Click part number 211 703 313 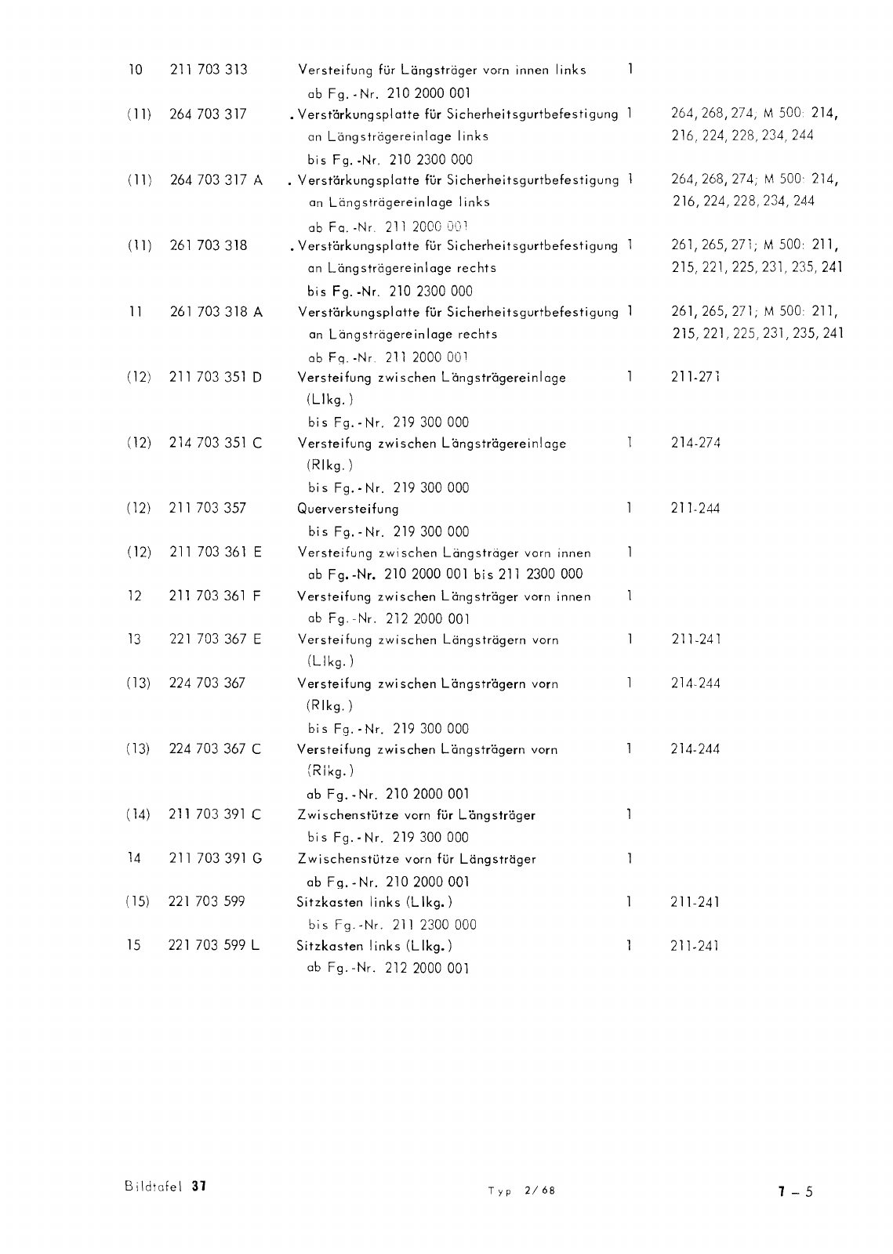208,70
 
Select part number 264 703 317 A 216,180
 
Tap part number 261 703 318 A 216,312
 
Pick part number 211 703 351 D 216,378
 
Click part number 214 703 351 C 216,444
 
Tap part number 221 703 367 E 216,640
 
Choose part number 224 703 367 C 216,749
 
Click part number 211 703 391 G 216,859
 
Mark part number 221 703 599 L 215,946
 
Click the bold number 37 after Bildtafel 198,1186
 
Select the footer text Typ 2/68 521,1191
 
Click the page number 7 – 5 795,1192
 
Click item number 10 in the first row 135,70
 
